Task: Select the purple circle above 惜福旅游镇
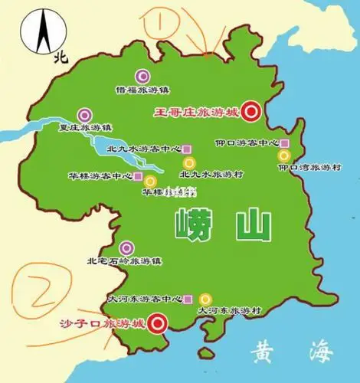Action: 142,75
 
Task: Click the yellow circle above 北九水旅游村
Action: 188,162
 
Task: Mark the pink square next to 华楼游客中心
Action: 138,176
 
